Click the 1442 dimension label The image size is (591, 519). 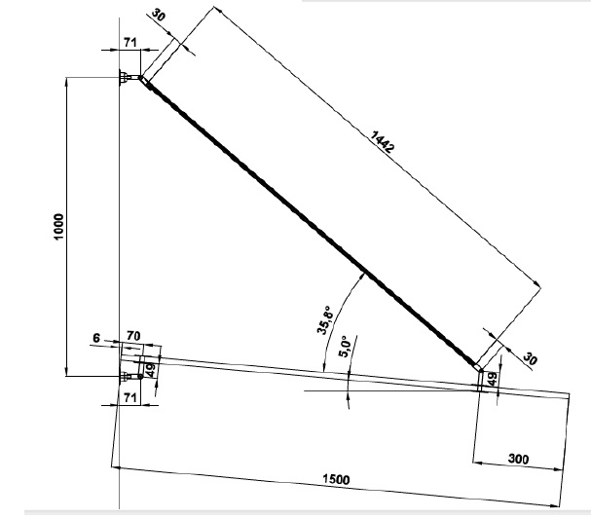(x=383, y=141)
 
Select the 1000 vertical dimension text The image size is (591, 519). (x=58, y=227)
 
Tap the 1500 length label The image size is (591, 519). (x=336, y=479)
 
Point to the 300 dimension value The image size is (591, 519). (x=518, y=459)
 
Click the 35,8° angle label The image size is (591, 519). (x=325, y=320)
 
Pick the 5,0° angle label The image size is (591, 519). (x=345, y=347)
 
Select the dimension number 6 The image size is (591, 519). (x=96, y=339)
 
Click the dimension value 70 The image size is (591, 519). (x=133, y=335)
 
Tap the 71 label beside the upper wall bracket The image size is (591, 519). (x=130, y=42)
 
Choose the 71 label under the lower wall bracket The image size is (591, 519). (x=129, y=397)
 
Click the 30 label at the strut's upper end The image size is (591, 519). (x=159, y=15)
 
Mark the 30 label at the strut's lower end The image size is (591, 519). (x=530, y=358)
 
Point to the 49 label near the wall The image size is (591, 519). (x=150, y=370)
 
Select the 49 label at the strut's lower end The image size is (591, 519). (x=493, y=379)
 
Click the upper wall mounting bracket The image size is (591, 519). (x=129, y=78)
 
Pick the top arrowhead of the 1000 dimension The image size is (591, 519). (x=66, y=81)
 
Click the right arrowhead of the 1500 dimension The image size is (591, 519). (x=555, y=505)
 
